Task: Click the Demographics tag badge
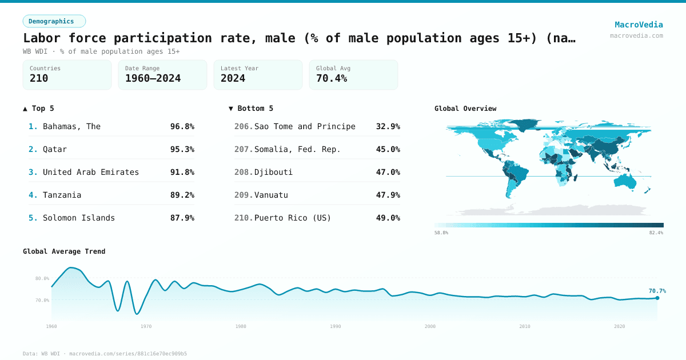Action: pyautogui.click(x=54, y=21)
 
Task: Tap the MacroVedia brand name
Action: pyautogui.click(x=639, y=25)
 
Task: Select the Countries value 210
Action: pyautogui.click(x=39, y=78)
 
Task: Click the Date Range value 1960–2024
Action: pyautogui.click(x=153, y=78)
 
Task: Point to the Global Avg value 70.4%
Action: pyautogui.click(x=332, y=78)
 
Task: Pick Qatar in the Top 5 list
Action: pyautogui.click(x=55, y=149)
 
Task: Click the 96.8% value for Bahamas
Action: pyautogui.click(x=182, y=126)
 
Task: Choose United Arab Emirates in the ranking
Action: pyautogui.click(x=91, y=172)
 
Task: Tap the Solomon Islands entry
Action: pyautogui.click(x=79, y=218)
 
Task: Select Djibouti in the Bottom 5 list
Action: pyautogui.click(x=273, y=172)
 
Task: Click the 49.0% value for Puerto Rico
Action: pyautogui.click(x=388, y=218)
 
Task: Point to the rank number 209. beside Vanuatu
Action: pyautogui.click(x=244, y=195)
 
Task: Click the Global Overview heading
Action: pyautogui.click(x=465, y=109)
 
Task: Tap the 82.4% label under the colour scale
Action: pyautogui.click(x=656, y=233)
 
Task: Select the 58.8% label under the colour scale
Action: pyautogui.click(x=441, y=233)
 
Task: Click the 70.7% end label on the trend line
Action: pyautogui.click(x=657, y=291)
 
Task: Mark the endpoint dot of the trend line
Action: pyautogui.click(x=657, y=298)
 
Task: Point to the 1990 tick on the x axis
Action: pyautogui.click(x=336, y=326)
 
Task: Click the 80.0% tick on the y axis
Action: pyautogui.click(x=42, y=278)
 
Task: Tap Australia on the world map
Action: pyautogui.click(x=627, y=180)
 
